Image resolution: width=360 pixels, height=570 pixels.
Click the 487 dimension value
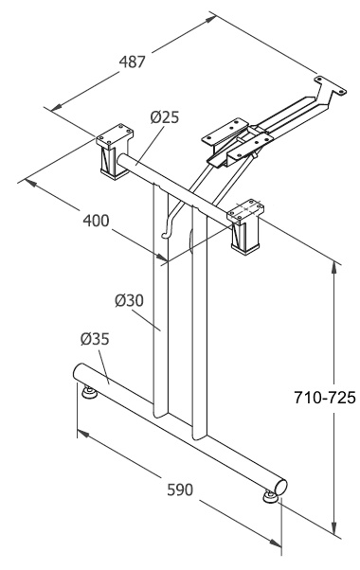[x=133, y=62]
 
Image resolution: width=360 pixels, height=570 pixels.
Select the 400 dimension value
[x=96, y=221]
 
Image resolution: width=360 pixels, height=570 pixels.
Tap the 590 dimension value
[x=180, y=490]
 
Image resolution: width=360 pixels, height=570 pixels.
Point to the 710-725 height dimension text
[x=324, y=398]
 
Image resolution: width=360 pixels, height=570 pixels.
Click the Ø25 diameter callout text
[x=165, y=117]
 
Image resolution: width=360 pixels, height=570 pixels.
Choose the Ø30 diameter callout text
[x=130, y=300]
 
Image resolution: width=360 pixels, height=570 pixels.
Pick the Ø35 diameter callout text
[x=95, y=339]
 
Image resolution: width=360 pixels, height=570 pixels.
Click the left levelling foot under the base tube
[x=89, y=392]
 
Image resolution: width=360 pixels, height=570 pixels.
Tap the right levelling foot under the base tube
[x=270, y=497]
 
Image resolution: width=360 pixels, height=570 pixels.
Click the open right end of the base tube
[x=281, y=487]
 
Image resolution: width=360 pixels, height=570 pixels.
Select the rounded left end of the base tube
[x=79, y=372]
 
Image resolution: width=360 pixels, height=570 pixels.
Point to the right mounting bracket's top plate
[x=245, y=208]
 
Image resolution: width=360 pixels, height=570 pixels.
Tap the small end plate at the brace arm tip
[x=331, y=85]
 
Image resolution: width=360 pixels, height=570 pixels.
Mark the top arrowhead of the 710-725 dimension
[x=333, y=266]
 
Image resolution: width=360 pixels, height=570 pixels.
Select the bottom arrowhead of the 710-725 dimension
[x=333, y=528]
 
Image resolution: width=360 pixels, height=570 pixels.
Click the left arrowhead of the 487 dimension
[x=56, y=107]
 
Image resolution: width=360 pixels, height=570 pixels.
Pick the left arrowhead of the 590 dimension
[x=83, y=433]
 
